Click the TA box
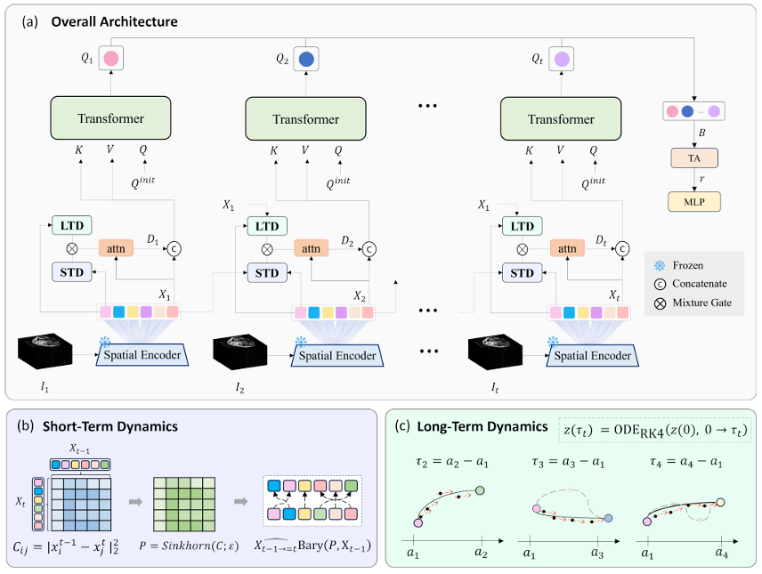coord(694,158)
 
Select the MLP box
coord(694,202)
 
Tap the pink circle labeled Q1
coord(110,59)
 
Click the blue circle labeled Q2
coord(306,60)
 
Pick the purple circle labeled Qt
coord(562,60)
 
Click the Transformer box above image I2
coord(305,119)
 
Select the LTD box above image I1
coord(72,225)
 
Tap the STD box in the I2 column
coord(267,273)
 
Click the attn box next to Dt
coord(567,249)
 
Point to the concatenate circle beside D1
coord(174,249)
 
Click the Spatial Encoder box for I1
coord(142,355)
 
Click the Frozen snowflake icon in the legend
coord(660,265)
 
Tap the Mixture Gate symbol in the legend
coord(660,303)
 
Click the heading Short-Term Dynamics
coord(110,426)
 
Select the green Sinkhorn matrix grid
coord(184,504)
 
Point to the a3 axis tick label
coord(597,553)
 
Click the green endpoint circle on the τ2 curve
coord(480,490)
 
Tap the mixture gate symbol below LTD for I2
coord(267,250)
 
